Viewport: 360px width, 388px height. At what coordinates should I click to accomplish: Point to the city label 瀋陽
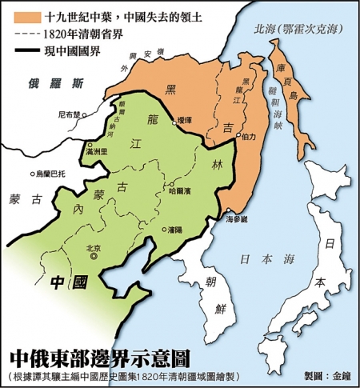coord(175,228)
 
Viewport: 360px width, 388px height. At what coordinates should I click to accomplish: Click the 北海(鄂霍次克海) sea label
coord(295,29)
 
